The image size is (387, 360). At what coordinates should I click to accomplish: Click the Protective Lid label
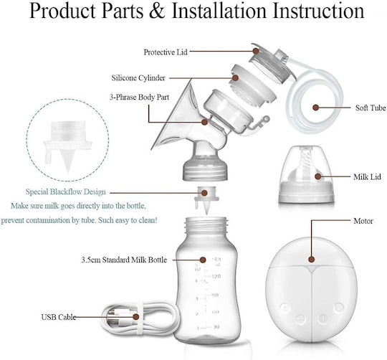(166, 52)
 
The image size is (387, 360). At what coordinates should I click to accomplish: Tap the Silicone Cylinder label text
(138, 78)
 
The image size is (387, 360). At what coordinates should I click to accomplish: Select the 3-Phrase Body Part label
(139, 97)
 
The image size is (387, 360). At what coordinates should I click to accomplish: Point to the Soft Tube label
(371, 108)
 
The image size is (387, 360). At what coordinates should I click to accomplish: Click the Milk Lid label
(367, 177)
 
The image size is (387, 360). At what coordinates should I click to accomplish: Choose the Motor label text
(363, 221)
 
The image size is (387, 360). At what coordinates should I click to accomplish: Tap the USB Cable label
(59, 317)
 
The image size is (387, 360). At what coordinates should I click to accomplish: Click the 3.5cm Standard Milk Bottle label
(124, 260)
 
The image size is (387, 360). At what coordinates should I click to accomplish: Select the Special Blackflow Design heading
(66, 192)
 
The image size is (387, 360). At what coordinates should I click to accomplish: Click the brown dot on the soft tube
(315, 108)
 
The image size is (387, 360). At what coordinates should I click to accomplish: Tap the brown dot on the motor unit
(312, 260)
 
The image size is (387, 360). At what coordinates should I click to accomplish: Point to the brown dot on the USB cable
(135, 317)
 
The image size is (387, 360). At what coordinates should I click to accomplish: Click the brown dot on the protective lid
(256, 51)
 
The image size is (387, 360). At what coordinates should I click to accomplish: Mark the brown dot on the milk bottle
(203, 260)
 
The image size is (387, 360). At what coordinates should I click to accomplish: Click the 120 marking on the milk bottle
(216, 276)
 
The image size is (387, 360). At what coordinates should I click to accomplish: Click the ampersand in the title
(157, 11)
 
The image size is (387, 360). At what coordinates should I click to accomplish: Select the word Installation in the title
(219, 11)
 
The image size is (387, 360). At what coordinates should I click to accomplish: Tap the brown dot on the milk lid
(318, 176)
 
